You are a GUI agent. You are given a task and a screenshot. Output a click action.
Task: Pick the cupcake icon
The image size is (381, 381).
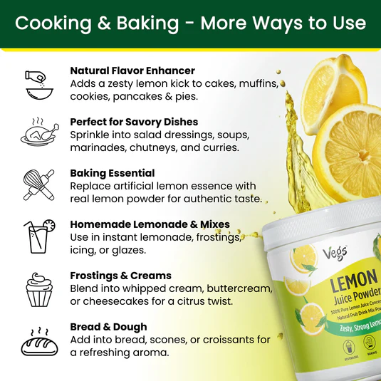38,288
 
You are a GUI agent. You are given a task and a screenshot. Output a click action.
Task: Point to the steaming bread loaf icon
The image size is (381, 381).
38,340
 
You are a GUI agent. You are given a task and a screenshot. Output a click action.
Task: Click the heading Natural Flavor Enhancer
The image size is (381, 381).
132,71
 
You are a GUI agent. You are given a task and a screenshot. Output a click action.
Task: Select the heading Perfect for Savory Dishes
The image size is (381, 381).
133,122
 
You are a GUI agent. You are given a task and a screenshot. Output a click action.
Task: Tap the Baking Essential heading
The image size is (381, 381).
112,173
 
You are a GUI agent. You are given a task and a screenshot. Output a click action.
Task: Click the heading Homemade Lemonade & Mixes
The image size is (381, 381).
150,224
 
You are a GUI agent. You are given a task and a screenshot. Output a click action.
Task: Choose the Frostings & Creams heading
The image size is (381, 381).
120,276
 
